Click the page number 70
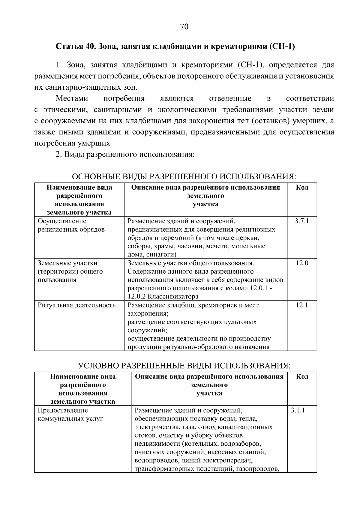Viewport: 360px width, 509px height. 184,27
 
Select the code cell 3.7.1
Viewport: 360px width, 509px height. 302,221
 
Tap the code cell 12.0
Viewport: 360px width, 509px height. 302,263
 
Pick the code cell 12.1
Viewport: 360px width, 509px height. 302,305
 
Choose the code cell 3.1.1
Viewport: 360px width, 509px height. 298,410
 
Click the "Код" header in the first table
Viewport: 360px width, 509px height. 302,187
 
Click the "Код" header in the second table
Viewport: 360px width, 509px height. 302,376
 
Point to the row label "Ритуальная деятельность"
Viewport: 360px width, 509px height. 76,305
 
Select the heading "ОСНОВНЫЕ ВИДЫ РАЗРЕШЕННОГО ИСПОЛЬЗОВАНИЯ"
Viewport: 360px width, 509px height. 184,176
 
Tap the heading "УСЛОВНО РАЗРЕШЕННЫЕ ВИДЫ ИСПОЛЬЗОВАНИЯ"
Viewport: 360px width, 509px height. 184,365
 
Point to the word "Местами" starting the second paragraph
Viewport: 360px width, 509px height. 72,99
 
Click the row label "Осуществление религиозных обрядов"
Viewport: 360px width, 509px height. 71,226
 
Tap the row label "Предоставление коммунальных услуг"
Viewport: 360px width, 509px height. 70,415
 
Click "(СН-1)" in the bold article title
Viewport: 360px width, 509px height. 282,47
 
